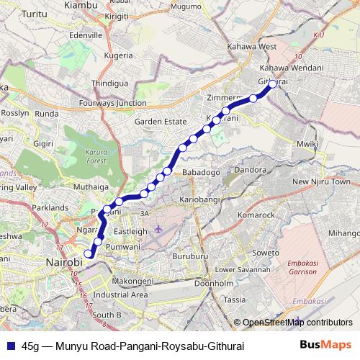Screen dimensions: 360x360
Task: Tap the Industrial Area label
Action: tap(120, 294)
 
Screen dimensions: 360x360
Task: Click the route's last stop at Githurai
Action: tap(273, 84)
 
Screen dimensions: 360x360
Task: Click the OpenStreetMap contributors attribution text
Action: tap(297, 323)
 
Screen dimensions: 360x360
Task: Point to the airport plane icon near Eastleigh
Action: tap(159, 230)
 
